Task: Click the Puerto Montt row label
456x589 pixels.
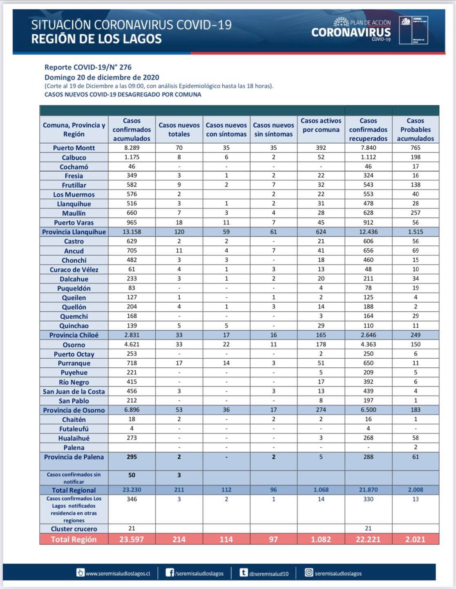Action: click(74, 148)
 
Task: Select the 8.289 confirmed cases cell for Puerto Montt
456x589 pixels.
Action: click(132, 148)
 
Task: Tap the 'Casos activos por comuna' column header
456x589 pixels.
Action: click(321, 125)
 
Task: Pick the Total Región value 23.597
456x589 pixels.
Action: click(132, 539)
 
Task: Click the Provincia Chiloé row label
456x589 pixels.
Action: click(74, 335)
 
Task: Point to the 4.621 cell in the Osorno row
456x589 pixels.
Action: click(132, 344)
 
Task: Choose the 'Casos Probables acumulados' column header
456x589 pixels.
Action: click(415, 130)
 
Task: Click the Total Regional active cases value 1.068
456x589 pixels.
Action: click(321, 490)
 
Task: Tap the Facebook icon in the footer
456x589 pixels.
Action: click(170, 573)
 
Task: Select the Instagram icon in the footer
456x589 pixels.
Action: click(309, 573)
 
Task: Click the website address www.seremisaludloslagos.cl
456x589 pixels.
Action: click(118, 573)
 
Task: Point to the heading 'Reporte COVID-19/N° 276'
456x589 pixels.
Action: click(88, 67)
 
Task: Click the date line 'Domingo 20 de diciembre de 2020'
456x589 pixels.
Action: click(102, 77)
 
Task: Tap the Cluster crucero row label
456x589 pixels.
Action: click(74, 528)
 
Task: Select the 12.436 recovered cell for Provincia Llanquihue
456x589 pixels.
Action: click(368, 232)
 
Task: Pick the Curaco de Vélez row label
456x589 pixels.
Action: click(74, 270)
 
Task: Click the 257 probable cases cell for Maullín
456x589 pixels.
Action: click(415, 213)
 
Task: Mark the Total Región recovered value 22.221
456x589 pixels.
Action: click(368, 539)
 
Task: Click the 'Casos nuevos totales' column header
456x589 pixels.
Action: click(179, 130)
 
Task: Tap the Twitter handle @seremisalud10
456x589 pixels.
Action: click(268, 574)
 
